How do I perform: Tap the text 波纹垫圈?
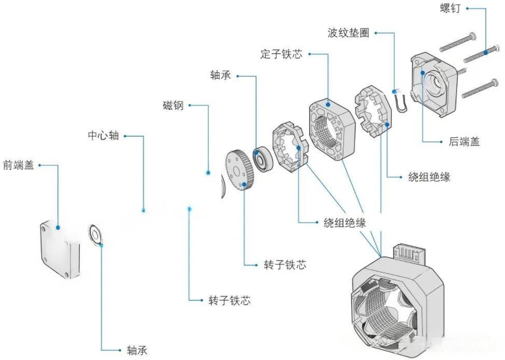(x=348, y=33)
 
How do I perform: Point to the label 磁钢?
(x=173, y=106)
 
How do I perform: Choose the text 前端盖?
(x=18, y=166)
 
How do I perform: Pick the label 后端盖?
(x=464, y=141)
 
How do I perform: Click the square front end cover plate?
(x=60, y=248)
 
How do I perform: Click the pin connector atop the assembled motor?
(x=410, y=254)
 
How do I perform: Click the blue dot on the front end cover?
(x=58, y=227)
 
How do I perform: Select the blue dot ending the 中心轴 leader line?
(x=143, y=210)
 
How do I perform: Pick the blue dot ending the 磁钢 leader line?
(x=208, y=172)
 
